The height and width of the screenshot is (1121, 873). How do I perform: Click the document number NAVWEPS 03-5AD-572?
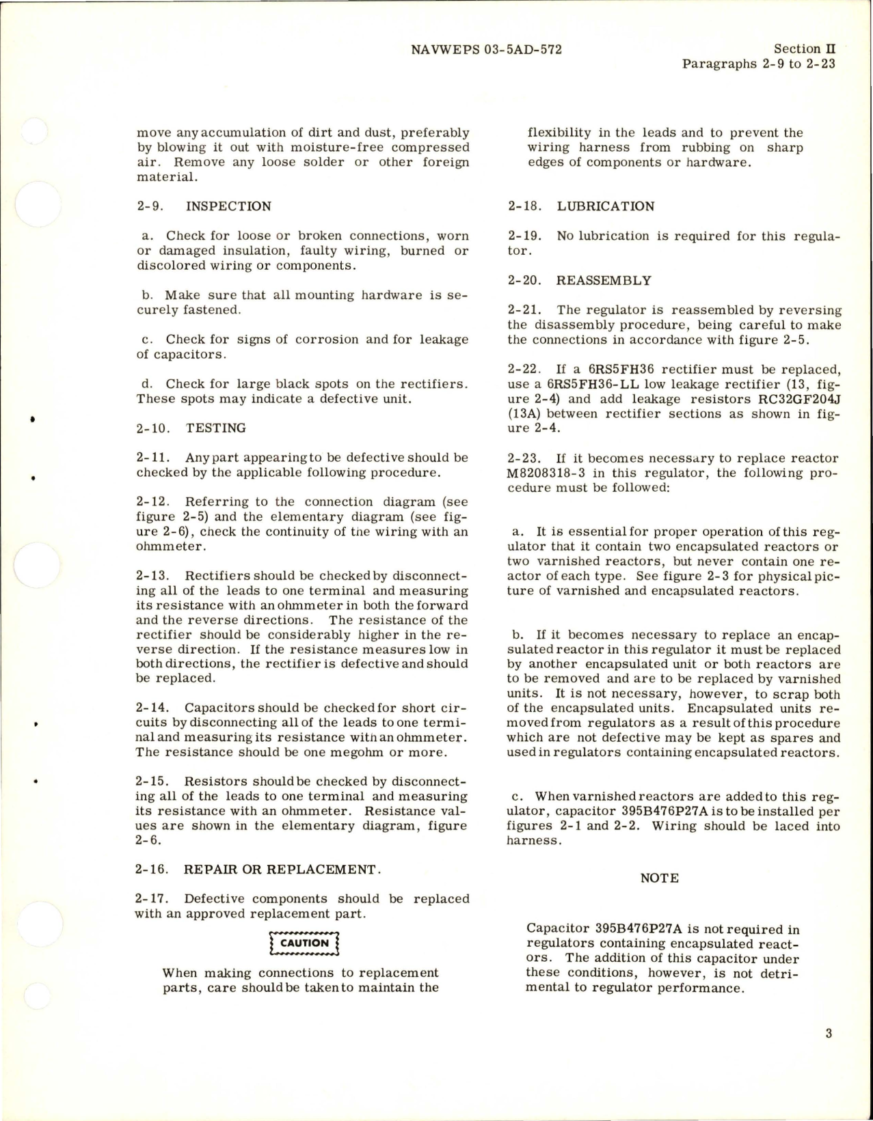tap(487, 49)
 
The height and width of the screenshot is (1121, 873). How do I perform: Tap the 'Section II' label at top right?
tap(804, 49)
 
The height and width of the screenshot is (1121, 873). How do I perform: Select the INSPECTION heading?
tap(228, 206)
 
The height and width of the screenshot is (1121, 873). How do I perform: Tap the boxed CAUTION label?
tap(305, 943)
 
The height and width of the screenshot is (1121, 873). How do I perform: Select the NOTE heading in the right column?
tap(659, 878)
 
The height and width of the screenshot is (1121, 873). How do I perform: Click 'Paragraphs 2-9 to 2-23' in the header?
tap(758, 65)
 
